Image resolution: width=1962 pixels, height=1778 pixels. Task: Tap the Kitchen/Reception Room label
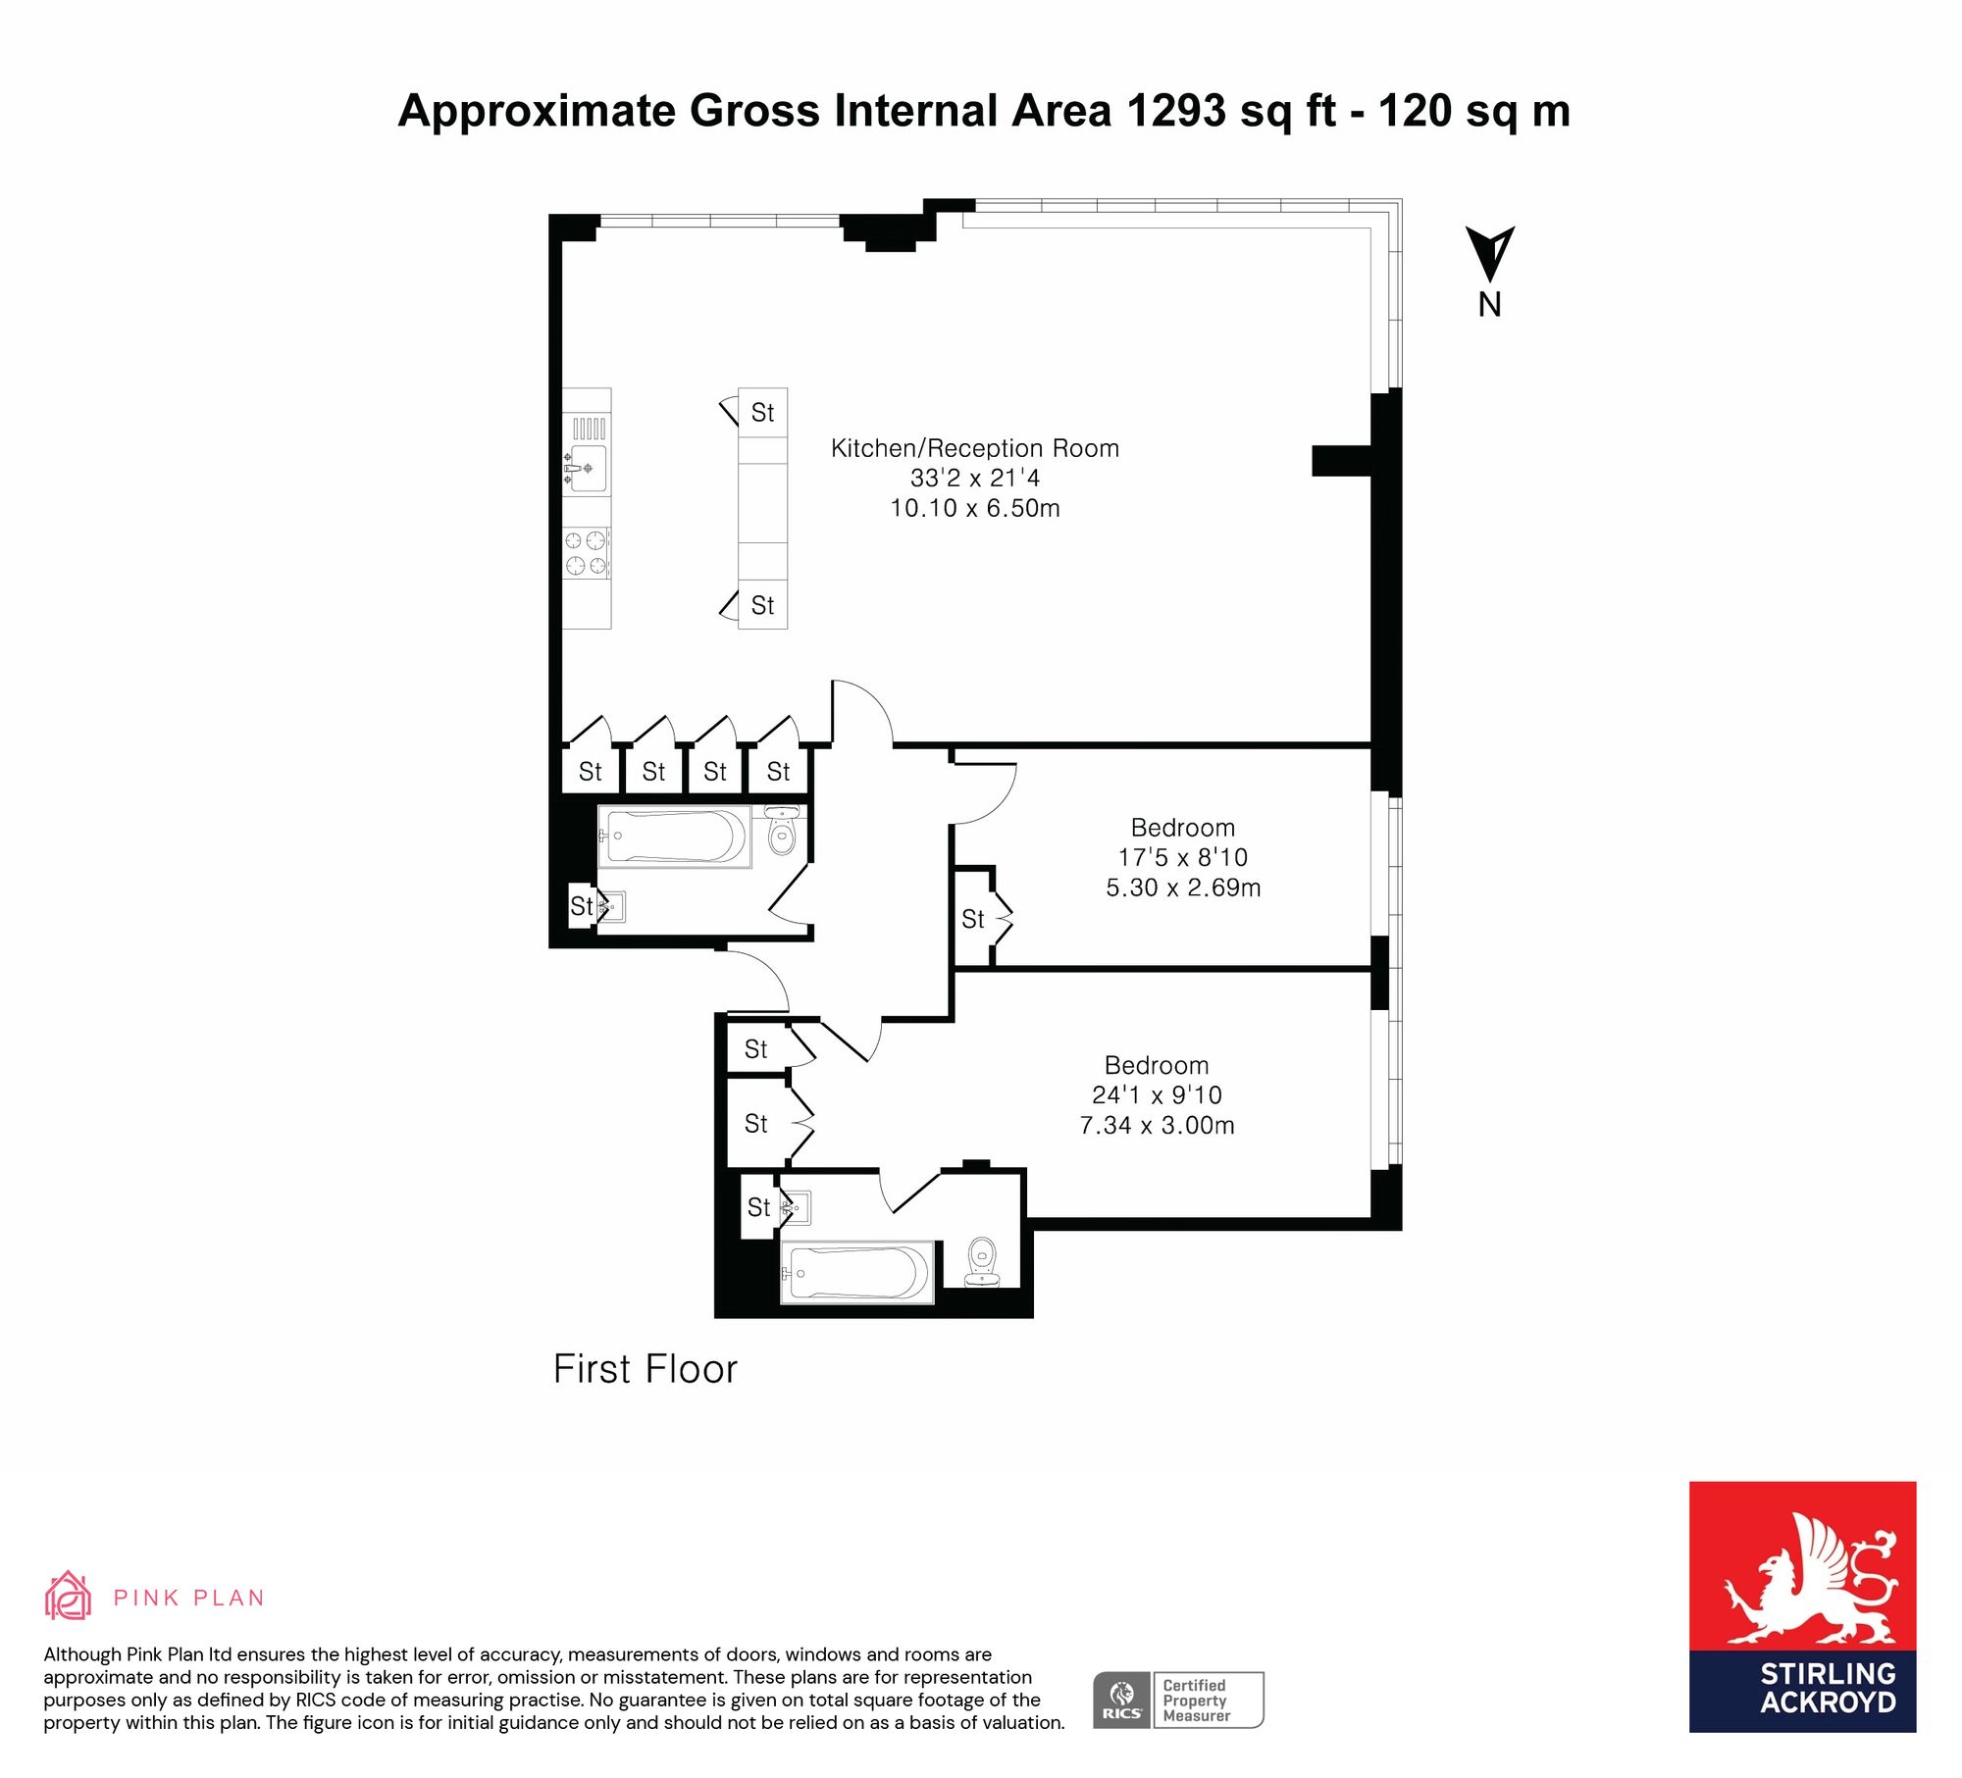pyautogui.click(x=974, y=448)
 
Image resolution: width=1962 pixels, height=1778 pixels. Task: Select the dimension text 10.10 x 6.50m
pyautogui.click(x=974, y=508)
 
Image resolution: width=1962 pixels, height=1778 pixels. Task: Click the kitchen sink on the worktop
pyautogui.click(x=586, y=469)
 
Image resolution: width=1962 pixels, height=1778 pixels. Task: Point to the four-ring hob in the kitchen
pyautogui.click(x=586, y=552)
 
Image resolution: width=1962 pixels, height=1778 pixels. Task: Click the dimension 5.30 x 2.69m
pyautogui.click(x=1183, y=888)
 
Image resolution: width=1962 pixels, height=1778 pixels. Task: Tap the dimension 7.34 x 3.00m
pyautogui.click(x=1157, y=1125)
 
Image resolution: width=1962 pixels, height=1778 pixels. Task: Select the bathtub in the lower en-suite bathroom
pyautogui.click(x=856, y=1273)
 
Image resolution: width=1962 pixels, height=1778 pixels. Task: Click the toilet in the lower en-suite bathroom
pyautogui.click(x=982, y=1261)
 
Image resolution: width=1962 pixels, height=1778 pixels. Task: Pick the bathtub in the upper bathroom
pyautogui.click(x=674, y=837)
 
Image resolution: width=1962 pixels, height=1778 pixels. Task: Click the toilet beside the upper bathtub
pyautogui.click(x=781, y=830)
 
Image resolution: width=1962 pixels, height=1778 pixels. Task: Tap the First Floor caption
pyautogui.click(x=645, y=1369)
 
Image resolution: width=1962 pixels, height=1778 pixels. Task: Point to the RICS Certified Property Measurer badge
pyautogui.click(x=1178, y=1700)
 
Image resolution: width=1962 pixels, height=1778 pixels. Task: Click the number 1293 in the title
pyautogui.click(x=1176, y=111)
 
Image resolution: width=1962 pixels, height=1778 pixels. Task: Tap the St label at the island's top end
pyautogui.click(x=762, y=413)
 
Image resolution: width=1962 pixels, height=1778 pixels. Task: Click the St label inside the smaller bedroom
pyautogui.click(x=972, y=919)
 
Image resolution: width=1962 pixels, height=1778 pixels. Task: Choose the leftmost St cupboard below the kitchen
pyautogui.click(x=590, y=772)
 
